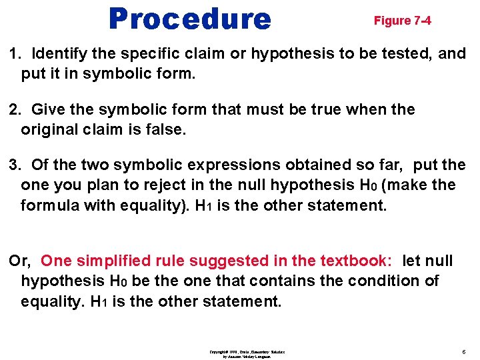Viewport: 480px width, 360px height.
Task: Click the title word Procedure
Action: click(x=190, y=19)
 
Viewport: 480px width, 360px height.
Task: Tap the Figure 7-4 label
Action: click(x=402, y=21)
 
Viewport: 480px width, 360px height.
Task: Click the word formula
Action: click(x=48, y=205)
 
